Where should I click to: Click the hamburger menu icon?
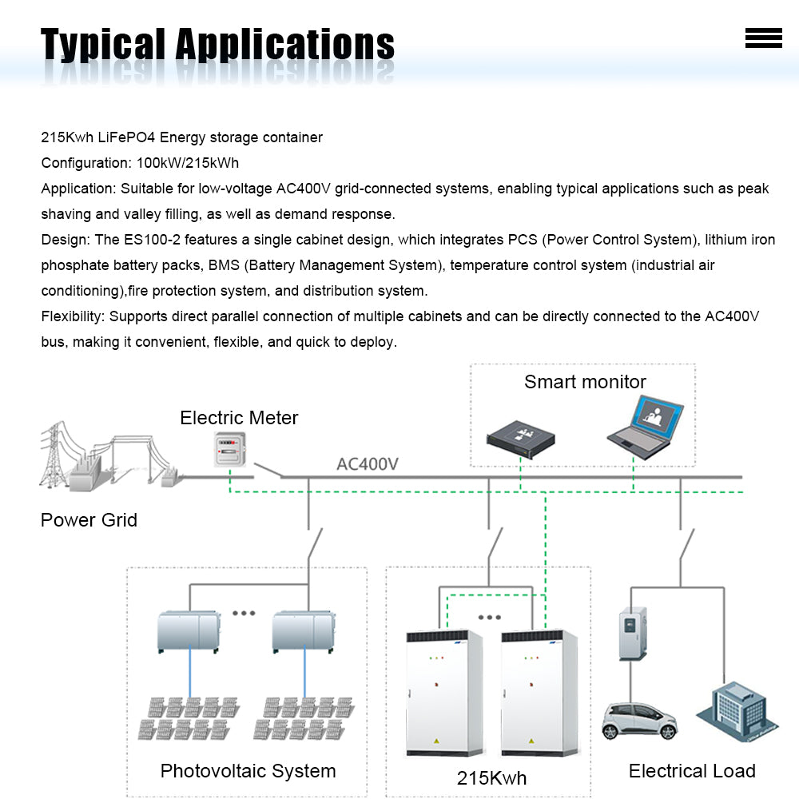(763, 38)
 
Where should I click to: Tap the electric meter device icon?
(229, 450)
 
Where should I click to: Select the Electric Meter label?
(239, 418)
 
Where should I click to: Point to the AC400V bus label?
(368, 463)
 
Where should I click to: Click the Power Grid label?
(89, 520)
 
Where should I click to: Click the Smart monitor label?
(585, 382)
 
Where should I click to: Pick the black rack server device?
(520, 434)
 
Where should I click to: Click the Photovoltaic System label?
(248, 771)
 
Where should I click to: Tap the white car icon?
(639, 720)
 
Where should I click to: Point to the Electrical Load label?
(692, 771)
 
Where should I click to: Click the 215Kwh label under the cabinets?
(491, 778)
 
